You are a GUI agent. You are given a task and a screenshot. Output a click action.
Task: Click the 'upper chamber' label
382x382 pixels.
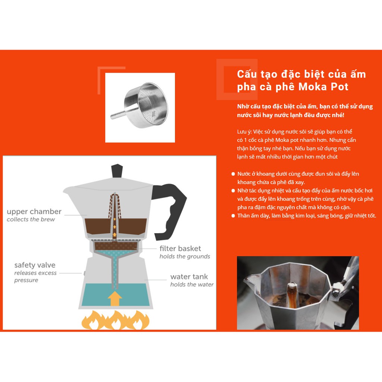(x=34, y=212)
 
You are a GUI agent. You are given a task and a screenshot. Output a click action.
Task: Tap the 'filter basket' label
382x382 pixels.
(x=180, y=248)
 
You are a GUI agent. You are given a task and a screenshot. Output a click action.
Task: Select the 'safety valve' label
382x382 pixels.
(x=35, y=265)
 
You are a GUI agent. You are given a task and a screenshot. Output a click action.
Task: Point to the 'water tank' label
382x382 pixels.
(x=189, y=276)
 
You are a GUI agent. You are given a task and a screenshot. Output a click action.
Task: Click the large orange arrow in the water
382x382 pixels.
(x=115, y=299)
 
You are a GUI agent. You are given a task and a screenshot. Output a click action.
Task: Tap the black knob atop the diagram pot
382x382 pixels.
(x=117, y=171)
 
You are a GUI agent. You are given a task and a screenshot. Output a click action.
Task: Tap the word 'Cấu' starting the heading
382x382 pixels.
(x=247, y=74)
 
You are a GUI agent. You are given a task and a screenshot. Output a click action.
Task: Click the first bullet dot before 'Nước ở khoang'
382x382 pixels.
(x=233, y=174)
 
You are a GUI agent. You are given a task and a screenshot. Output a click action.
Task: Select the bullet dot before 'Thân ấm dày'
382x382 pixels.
(x=233, y=216)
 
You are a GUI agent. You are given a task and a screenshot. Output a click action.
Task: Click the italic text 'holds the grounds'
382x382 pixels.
(x=185, y=256)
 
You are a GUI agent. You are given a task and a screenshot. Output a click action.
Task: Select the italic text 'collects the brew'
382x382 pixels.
(x=31, y=219)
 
